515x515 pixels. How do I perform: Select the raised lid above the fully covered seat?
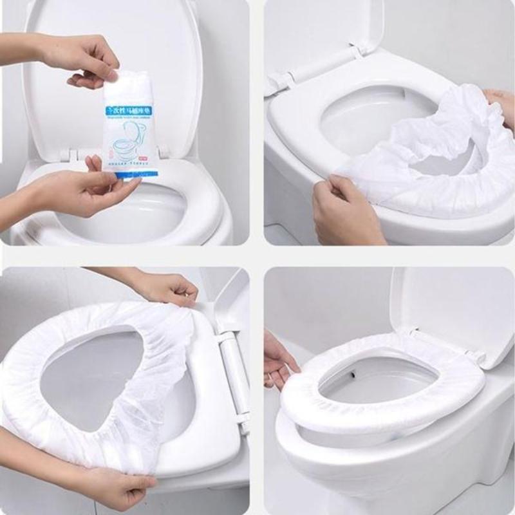point(451,309)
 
